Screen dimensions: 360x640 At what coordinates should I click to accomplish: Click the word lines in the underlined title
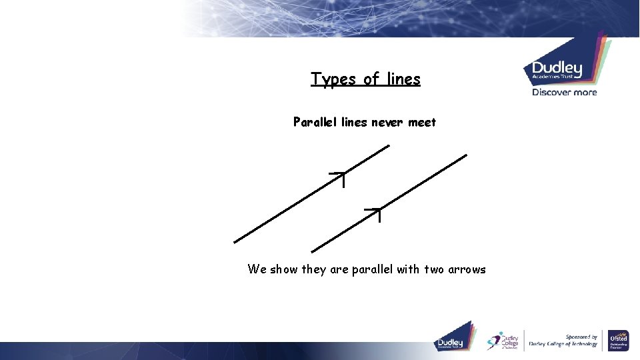tap(401, 79)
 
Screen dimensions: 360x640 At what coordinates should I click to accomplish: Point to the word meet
tap(423, 122)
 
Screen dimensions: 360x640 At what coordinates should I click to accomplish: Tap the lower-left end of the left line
tap(235, 242)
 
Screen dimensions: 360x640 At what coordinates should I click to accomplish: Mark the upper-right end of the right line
tap(466, 155)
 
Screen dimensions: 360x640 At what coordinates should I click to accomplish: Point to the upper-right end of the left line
tap(388, 146)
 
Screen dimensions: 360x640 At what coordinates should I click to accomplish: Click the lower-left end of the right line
tap(313, 251)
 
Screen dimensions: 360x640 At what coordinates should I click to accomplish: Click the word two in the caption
tap(433, 269)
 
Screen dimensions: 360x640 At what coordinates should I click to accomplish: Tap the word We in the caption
tap(257, 269)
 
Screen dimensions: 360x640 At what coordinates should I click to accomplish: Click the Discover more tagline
tap(564, 93)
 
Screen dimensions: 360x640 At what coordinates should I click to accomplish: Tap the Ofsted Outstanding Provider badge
tap(618, 341)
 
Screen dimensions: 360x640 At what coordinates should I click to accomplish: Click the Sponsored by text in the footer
tap(581, 337)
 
